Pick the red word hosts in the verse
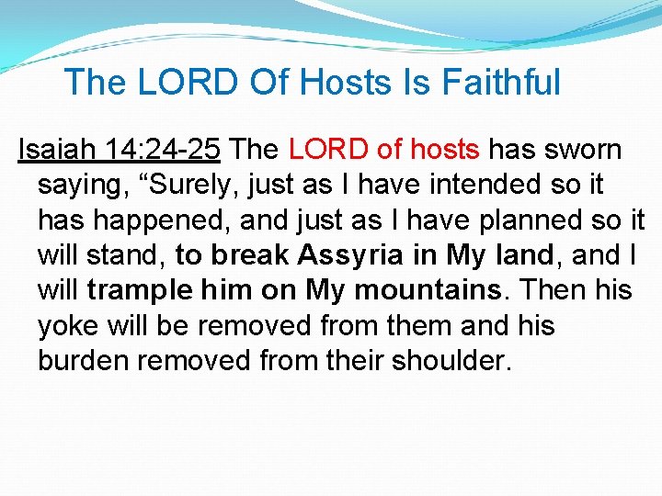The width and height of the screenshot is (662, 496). [445, 149]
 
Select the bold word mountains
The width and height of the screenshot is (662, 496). [429, 290]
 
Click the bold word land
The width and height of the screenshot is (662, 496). [521, 255]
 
